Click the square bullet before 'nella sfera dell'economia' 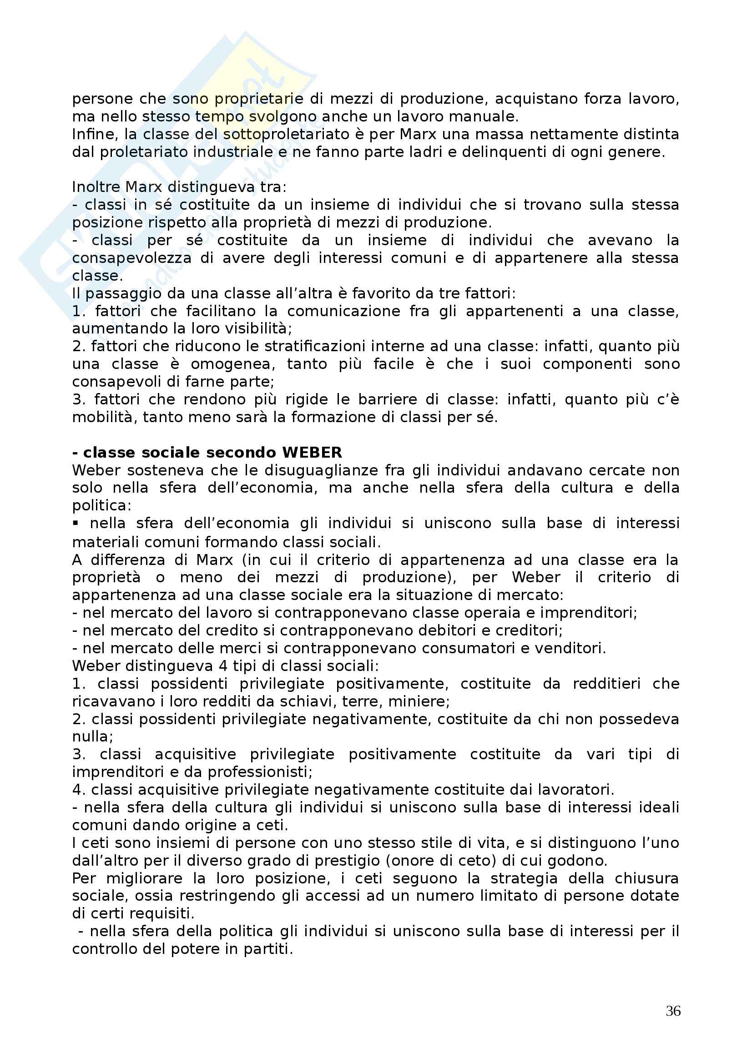coord(76,523)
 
